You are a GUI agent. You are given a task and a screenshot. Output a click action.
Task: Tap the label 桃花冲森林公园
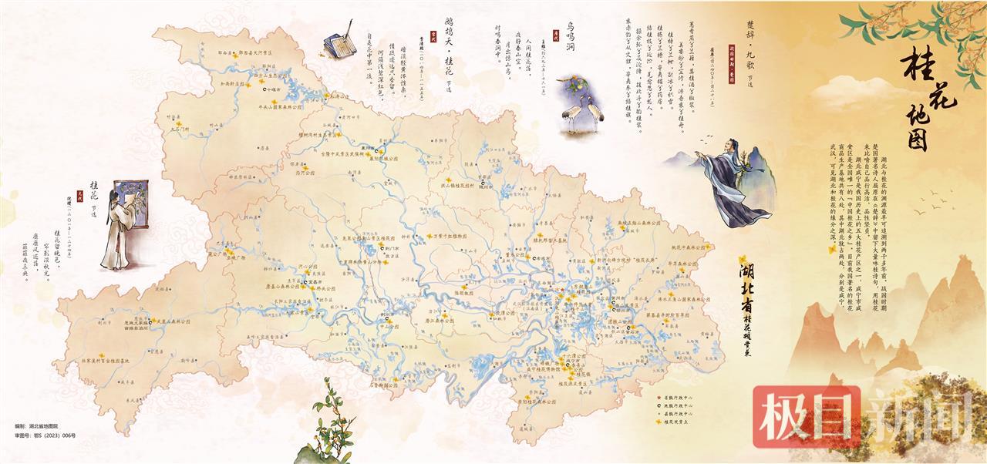[x=688, y=247]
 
